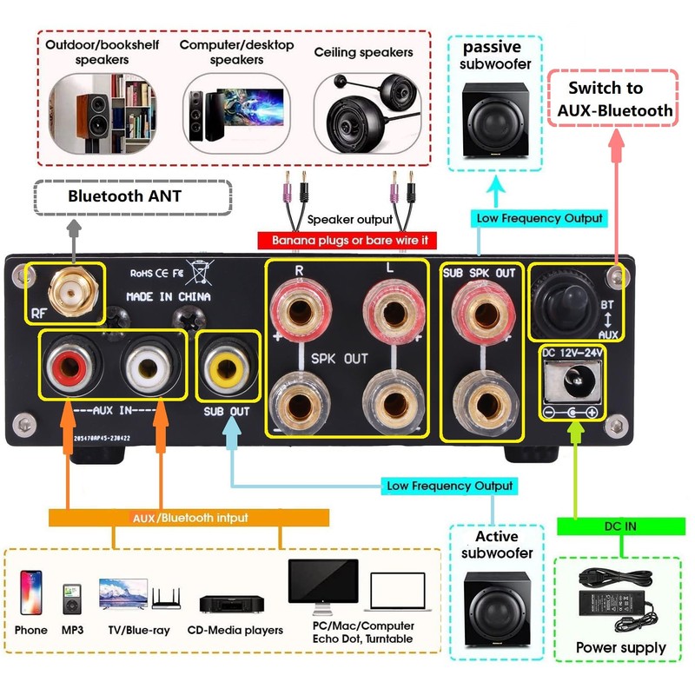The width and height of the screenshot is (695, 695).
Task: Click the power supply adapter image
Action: (x=620, y=599)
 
